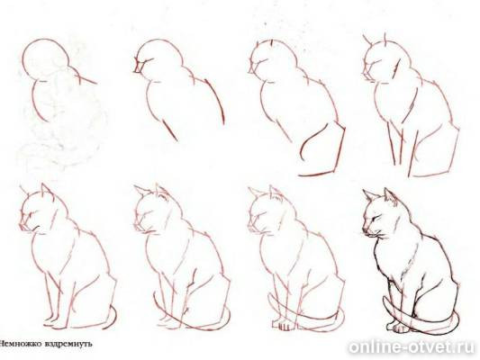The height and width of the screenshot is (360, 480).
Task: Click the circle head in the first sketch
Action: pos(23,60)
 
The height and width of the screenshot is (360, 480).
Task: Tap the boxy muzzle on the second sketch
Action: pos(138,67)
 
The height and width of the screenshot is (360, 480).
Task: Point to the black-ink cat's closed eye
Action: pos(376,218)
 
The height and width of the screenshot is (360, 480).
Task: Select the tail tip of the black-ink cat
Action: pos(385,299)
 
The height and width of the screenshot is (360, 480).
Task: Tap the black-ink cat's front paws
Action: pos(397,328)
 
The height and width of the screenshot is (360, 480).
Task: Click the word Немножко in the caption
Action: pos(21,344)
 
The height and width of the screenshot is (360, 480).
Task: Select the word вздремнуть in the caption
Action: pos(68,344)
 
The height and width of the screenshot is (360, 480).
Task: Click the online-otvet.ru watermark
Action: pos(412,347)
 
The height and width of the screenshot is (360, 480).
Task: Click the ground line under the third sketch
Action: pos(316,174)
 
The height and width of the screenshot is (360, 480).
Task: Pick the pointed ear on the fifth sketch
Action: pos(46,190)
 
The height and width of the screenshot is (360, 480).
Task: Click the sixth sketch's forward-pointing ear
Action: pos(142,191)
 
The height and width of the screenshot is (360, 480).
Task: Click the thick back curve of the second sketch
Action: pos(216,100)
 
